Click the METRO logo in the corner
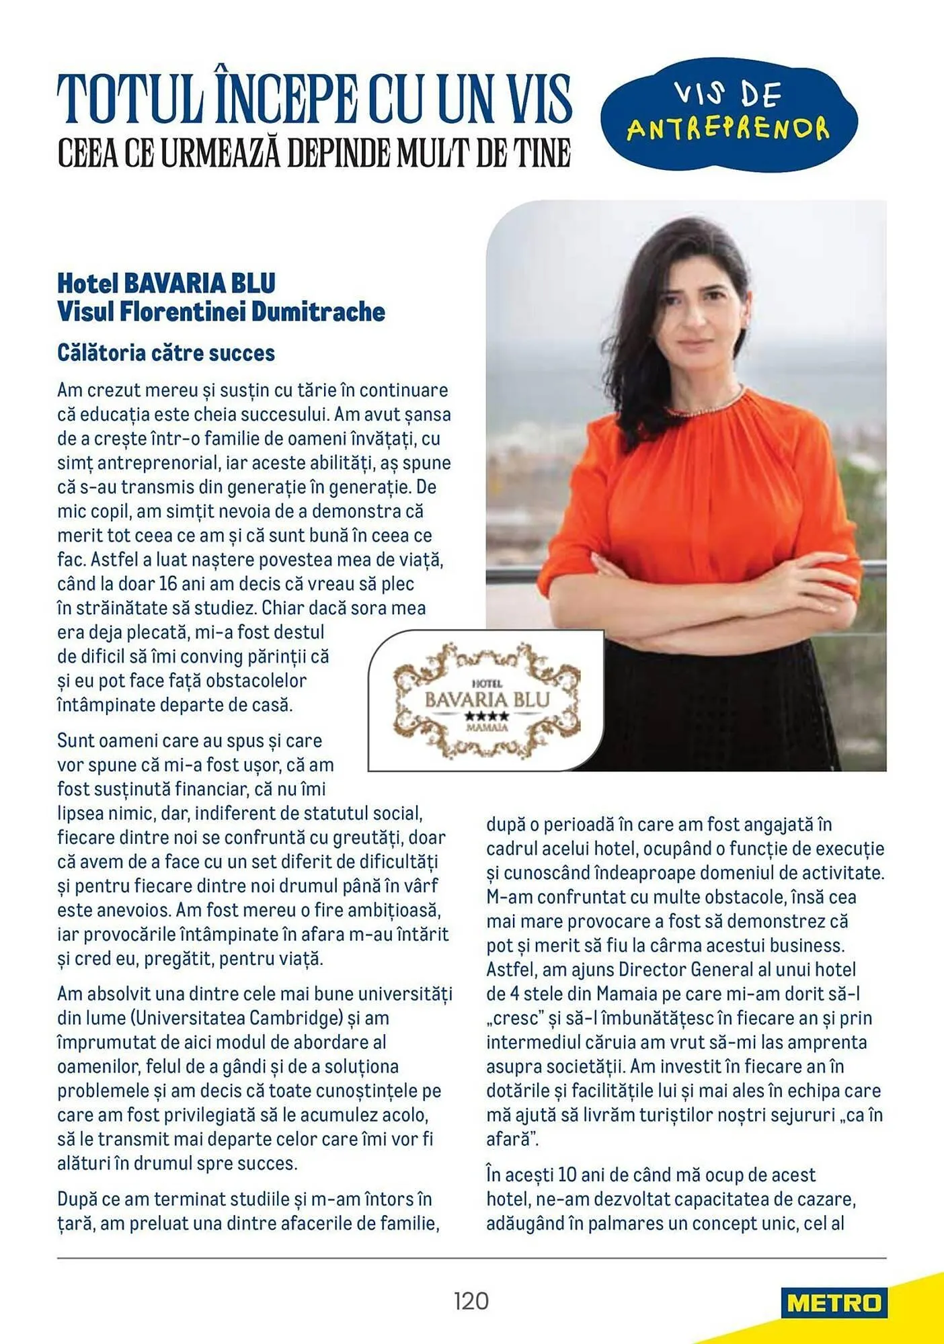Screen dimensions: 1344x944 tap(834, 1303)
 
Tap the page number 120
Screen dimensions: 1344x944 tap(471, 1301)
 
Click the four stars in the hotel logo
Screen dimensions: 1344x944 tap(487, 716)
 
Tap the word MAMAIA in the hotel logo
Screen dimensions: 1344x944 tap(487, 728)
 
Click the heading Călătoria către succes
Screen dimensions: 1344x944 tap(166, 353)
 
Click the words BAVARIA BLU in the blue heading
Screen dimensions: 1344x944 tap(200, 284)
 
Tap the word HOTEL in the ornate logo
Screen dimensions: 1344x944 tap(487, 683)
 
